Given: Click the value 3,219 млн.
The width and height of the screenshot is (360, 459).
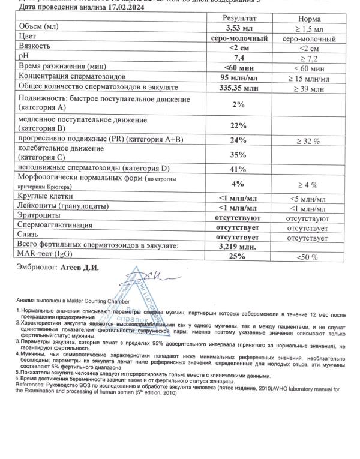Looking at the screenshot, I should pyautogui.click(x=239, y=247).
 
